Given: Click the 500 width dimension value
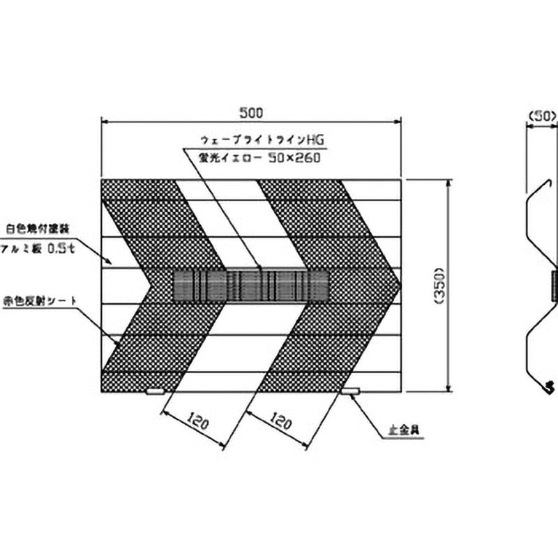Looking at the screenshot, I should coord(251,112).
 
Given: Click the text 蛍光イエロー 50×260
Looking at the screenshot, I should coord(259,158).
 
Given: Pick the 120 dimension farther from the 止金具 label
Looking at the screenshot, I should coord(197,421).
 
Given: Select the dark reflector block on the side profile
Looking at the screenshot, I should coord(555,286).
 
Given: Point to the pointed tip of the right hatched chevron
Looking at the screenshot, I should coord(400,285).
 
